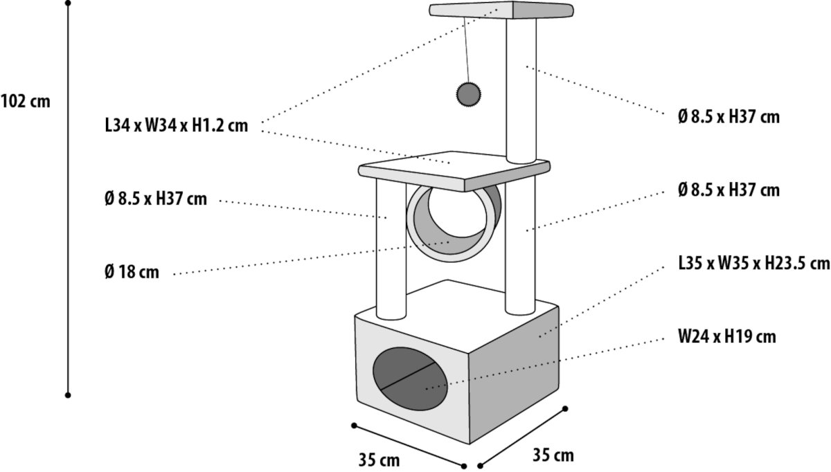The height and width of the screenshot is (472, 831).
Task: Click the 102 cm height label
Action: click(x=26, y=101)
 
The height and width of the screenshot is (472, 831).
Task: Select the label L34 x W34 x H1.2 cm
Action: click(x=176, y=127)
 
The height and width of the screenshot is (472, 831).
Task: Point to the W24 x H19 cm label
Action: click(x=726, y=337)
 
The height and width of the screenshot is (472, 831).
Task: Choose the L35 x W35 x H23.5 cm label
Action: click(x=754, y=264)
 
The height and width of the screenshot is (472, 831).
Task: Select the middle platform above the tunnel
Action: click(x=454, y=170)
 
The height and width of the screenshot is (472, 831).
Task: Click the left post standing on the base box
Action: click(x=390, y=249)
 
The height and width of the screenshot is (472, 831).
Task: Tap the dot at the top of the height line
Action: click(x=68, y=3)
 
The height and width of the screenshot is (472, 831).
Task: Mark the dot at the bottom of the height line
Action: click(x=68, y=395)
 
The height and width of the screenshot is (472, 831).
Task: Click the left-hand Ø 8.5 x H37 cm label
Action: click(x=155, y=199)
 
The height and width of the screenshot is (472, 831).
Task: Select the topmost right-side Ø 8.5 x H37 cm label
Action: click(x=729, y=117)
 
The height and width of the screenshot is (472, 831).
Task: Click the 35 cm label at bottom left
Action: click(x=379, y=459)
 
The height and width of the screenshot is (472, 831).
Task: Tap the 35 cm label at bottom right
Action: click(x=553, y=455)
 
